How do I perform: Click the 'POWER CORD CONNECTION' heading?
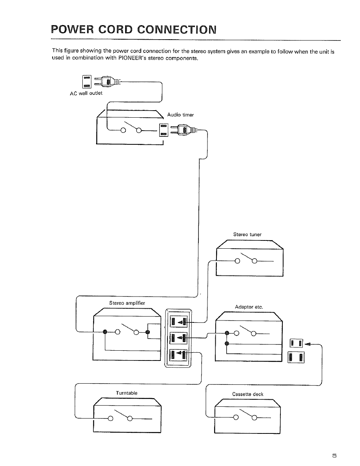[134, 29]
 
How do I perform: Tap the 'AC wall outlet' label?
[86, 93]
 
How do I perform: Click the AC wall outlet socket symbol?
[86, 82]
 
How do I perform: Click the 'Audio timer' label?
[180, 115]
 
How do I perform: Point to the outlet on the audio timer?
[164, 130]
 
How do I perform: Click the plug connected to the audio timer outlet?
[183, 130]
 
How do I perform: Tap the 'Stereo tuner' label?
[247, 235]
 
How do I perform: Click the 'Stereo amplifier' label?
[127, 303]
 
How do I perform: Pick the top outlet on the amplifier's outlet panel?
[178, 321]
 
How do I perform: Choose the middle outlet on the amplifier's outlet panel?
[178, 338]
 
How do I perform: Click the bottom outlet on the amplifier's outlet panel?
[178, 355]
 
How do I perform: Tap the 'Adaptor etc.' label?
[249, 307]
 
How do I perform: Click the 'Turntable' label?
[127, 393]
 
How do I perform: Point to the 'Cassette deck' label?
[248, 394]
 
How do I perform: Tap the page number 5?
[334, 455]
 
